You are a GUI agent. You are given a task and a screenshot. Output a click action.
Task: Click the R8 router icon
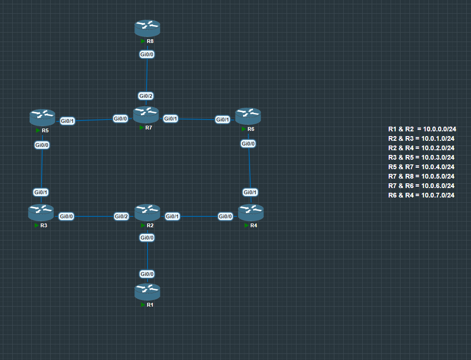pyautogui.click(x=148, y=28)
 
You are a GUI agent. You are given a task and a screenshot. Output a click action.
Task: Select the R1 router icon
pyautogui.click(x=148, y=292)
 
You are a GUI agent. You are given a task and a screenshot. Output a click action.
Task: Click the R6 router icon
pyautogui.click(x=248, y=116)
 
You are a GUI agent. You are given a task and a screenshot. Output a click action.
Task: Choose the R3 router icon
pyautogui.click(x=41, y=212)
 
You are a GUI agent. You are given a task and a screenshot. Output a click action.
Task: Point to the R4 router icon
pyautogui.click(x=251, y=212)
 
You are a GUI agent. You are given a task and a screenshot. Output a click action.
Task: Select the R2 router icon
pyautogui.click(x=148, y=213)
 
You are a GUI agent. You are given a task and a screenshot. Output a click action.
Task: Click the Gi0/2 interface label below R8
pyautogui.click(x=146, y=96)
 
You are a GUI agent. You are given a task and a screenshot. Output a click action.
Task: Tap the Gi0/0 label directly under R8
pyautogui.click(x=147, y=54)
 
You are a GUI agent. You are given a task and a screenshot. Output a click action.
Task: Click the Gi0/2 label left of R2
pyautogui.click(x=122, y=216)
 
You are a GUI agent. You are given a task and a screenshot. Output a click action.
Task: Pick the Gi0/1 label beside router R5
pyautogui.click(x=68, y=121)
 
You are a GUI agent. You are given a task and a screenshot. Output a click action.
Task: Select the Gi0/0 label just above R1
pyautogui.click(x=147, y=274)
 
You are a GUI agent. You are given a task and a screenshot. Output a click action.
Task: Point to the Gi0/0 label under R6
pyautogui.click(x=248, y=144)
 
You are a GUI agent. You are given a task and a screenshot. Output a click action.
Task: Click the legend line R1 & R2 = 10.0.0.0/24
pyautogui.click(x=422, y=129)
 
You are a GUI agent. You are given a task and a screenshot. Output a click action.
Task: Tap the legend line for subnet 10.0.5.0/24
pyautogui.click(x=421, y=176)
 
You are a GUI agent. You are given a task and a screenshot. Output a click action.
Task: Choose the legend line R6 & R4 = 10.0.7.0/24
pyautogui.click(x=421, y=195)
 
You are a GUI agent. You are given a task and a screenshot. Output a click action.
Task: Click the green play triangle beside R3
pyautogui.click(x=36, y=225)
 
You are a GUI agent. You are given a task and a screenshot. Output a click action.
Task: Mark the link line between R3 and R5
pyautogui.click(x=42, y=168)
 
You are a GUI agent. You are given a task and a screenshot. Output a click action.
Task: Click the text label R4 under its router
pyautogui.click(x=254, y=225)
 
